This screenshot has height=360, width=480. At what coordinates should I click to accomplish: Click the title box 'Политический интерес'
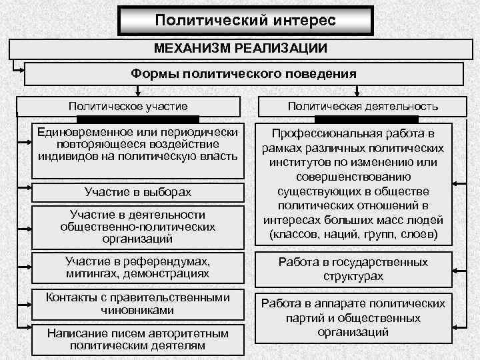click(245, 20)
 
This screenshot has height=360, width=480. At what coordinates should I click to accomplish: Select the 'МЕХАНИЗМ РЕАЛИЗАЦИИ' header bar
click(240, 49)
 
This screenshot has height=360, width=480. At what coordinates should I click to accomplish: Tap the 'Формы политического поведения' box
click(243, 73)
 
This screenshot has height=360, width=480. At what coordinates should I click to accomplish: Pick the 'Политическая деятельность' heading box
click(363, 106)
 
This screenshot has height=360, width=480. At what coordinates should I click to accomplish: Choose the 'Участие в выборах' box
click(137, 192)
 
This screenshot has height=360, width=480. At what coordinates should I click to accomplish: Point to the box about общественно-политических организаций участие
click(137, 226)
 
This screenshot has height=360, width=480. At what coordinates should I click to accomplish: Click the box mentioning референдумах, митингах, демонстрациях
click(137, 267)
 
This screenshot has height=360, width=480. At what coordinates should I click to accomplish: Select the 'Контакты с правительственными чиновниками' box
click(137, 303)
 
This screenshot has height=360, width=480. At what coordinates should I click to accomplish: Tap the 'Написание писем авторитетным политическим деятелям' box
click(137, 339)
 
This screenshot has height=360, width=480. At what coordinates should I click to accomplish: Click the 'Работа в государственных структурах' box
click(353, 268)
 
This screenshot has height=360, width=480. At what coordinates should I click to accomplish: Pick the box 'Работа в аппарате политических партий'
click(353, 317)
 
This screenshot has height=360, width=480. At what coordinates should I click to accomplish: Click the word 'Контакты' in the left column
click(69, 297)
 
